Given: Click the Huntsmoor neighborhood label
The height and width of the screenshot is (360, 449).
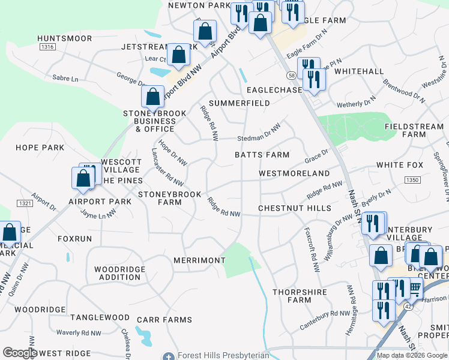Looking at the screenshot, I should [x=64, y=38].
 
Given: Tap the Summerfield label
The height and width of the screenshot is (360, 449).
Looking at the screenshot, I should [x=240, y=103].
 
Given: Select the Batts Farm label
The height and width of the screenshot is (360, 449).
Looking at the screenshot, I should [x=262, y=155].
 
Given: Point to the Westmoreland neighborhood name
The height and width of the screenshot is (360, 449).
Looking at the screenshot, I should [x=294, y=173].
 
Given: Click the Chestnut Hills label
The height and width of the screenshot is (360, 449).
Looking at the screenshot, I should [x=295, y=208].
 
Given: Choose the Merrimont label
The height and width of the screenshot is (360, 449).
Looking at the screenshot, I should [x=199, y=260].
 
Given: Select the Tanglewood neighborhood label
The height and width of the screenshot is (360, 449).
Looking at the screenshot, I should [x=100, y=317].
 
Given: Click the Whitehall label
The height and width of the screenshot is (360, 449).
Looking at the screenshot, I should [x=359, y=71].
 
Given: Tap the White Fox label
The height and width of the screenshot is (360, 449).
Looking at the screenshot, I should [x=400, y=165].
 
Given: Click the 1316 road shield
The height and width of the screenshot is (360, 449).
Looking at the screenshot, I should [x=47, y=47].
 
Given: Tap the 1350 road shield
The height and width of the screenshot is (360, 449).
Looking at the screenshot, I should [x=411, y=179].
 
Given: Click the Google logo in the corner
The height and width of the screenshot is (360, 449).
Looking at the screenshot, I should [x=20, y=353].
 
